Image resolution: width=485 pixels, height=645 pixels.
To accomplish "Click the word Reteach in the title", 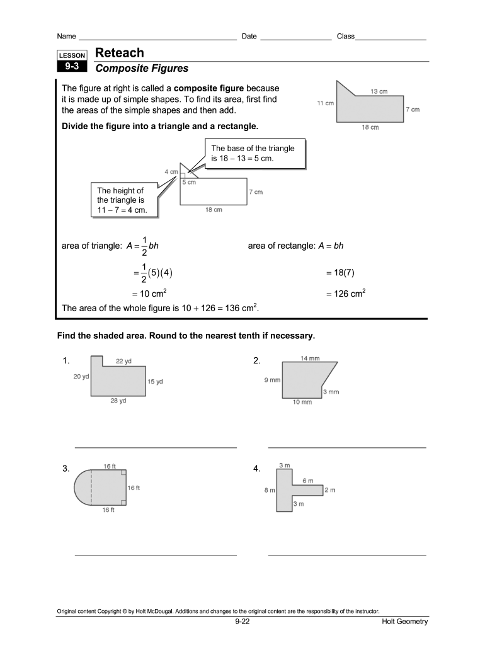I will tap(119, 53).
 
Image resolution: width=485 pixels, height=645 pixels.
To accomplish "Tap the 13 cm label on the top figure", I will tap(379, 91).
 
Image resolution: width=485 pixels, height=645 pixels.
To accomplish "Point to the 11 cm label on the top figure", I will tap(325, 103).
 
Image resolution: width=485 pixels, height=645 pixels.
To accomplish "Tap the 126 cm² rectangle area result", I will tap(346, 294).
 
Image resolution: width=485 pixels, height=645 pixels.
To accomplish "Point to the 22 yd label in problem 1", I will tap(123, 361).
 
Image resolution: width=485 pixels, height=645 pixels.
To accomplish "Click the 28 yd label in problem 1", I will tap(118, 401).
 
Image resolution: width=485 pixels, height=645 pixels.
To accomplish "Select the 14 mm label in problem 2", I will tap(309, 358).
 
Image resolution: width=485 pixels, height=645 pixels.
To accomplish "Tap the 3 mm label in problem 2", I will tap(331, 392).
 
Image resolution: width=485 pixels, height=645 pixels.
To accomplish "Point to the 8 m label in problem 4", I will tap(270, 490).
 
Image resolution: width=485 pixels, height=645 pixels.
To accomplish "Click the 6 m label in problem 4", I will tap(307, 481).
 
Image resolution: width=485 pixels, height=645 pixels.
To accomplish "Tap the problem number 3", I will tap(66, 469).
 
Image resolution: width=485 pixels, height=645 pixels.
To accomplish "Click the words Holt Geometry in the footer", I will tap(404, 622).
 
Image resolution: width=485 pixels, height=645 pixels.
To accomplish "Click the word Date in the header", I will tap(249, 37).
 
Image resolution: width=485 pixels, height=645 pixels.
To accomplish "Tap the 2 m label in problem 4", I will tap(330, 489).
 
